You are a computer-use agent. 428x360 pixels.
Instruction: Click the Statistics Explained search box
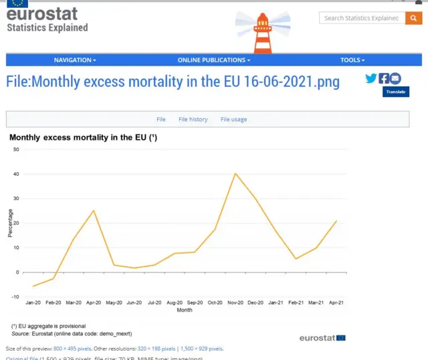coord(361,18)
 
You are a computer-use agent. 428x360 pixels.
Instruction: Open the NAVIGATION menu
coord(75,60)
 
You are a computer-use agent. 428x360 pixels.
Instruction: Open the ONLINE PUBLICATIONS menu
coord(214,60)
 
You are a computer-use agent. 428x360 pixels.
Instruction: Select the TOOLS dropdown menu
coord(352,60)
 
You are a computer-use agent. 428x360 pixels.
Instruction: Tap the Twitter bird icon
coord(371,78)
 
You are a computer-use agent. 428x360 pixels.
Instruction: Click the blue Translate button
coord(396,92)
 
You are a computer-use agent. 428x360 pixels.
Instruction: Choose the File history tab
coord(193,119)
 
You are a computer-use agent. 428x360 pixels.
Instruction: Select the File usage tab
coord(233,119)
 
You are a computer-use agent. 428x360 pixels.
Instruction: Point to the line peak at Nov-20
coord(235,173)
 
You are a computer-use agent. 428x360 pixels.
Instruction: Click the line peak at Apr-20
coord(94,211)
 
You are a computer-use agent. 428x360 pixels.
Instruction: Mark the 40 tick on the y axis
coord(16,174)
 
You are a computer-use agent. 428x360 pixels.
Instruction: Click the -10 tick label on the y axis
coord(15,296)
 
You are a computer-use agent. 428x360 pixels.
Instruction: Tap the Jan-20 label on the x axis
coord(33,302)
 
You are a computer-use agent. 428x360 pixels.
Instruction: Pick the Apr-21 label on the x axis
coord(336,302)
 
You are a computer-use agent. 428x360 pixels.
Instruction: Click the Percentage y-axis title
coord(10,223)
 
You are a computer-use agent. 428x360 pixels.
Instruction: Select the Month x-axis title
coord(185,310)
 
